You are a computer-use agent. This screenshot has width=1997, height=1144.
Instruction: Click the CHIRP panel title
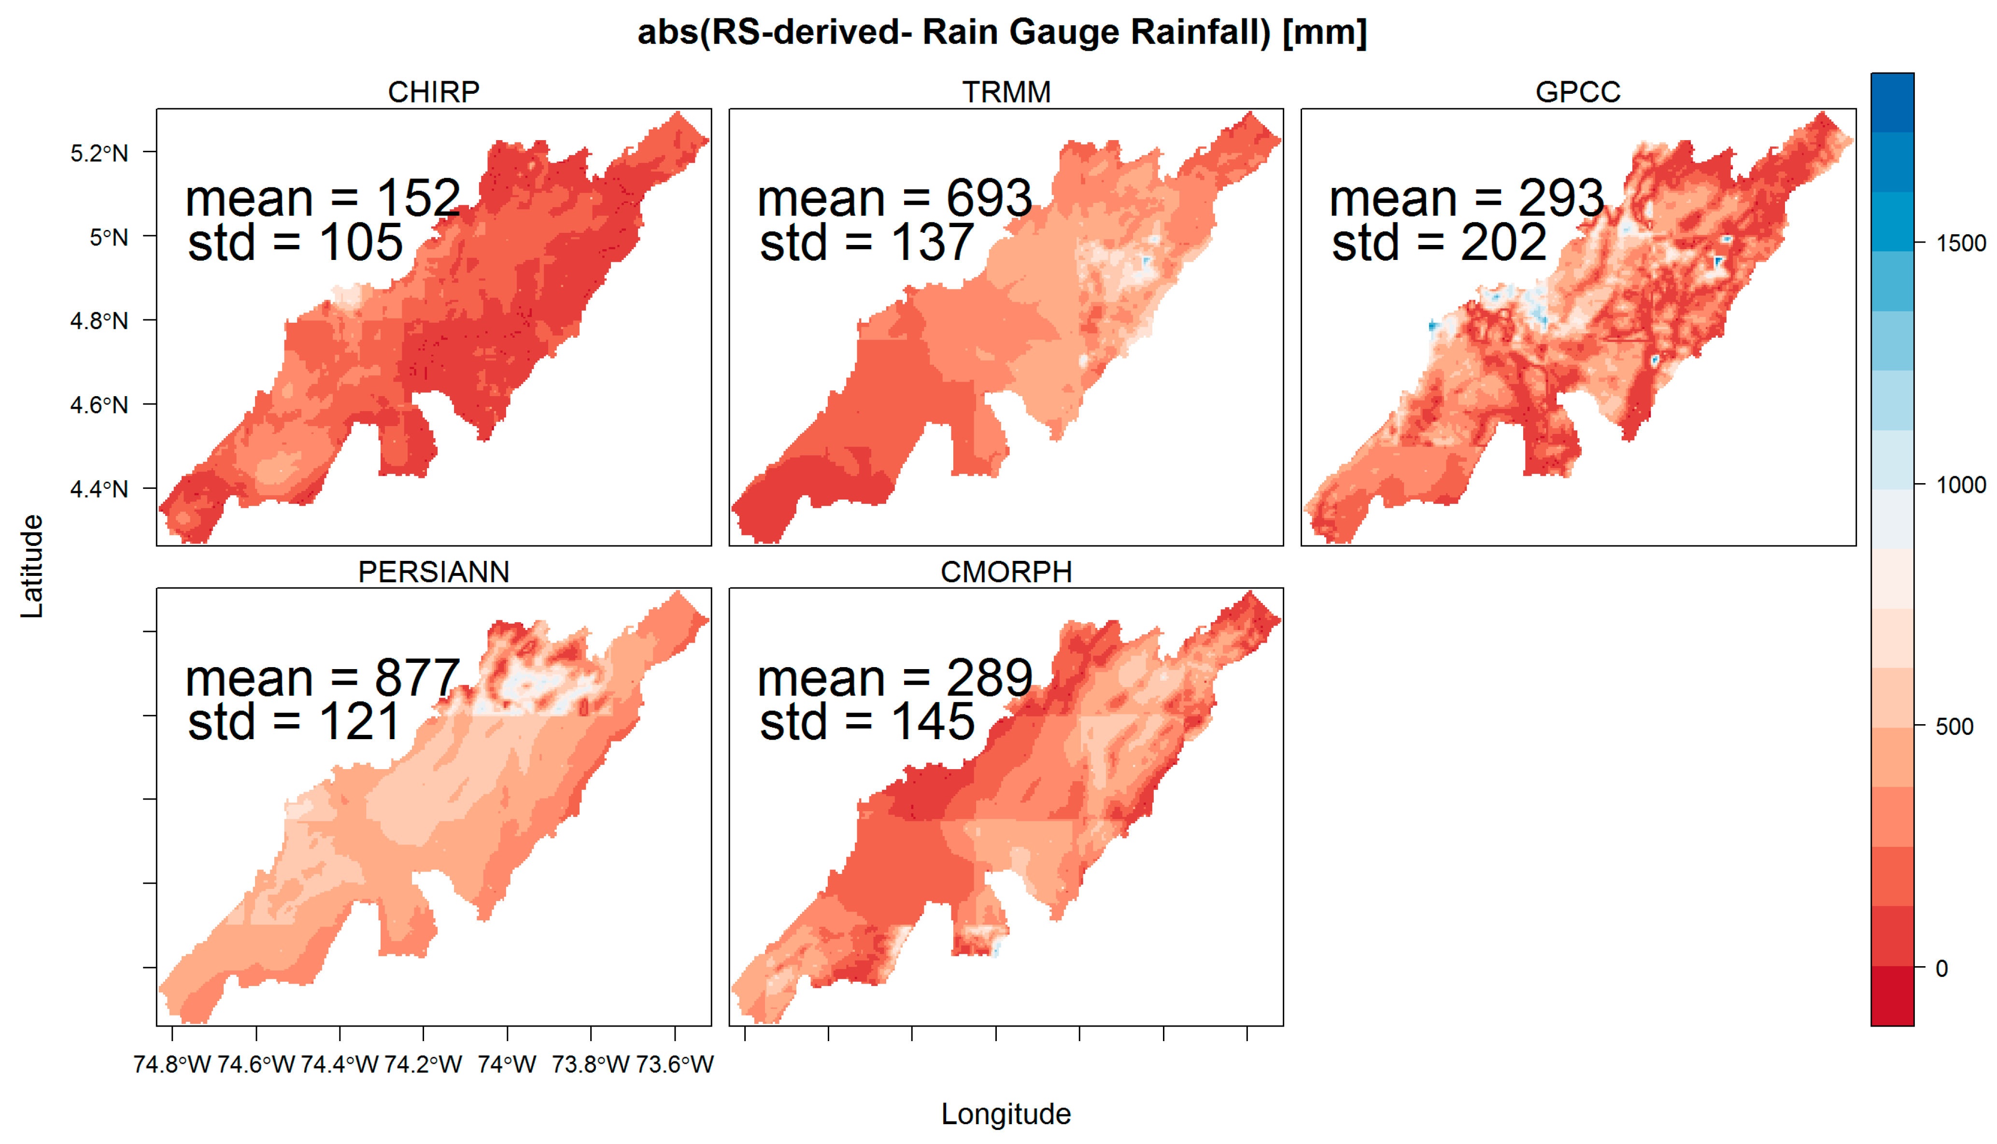(434, 92)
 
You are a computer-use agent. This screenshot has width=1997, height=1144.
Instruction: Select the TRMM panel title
(1006, 92)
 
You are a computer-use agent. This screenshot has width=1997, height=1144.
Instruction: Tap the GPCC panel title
(1578, 92)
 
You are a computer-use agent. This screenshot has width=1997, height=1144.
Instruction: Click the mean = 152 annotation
(323, 198)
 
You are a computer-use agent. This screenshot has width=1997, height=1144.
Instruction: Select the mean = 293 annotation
(1466, 198)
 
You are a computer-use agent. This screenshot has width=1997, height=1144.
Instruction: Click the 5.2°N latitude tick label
(99, 153)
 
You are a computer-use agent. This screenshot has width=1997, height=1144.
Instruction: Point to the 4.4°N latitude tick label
(99, 489)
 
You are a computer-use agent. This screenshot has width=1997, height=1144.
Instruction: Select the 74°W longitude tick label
(507, 1065)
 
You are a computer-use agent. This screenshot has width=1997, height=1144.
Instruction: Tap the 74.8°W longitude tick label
(172, 1065)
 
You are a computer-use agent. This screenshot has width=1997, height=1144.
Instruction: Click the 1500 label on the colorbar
(1961, 243)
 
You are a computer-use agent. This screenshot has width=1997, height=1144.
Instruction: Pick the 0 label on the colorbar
(1941, 969)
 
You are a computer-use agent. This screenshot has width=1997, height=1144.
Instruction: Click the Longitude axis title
(1006, 1114)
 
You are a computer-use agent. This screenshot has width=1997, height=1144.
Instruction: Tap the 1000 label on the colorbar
(1961, 485)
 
